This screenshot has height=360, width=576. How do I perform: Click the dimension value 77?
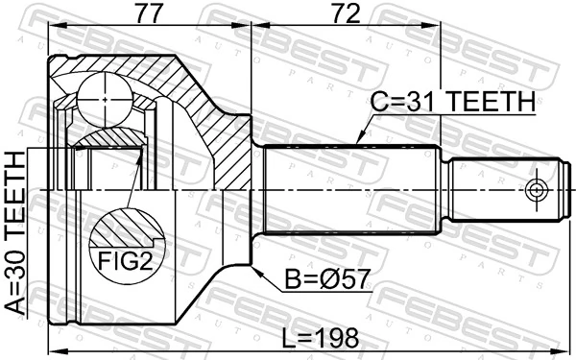(146, 14)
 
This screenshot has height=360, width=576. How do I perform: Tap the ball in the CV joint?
(103, 97)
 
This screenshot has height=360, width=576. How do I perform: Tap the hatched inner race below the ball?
(108, 140)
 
